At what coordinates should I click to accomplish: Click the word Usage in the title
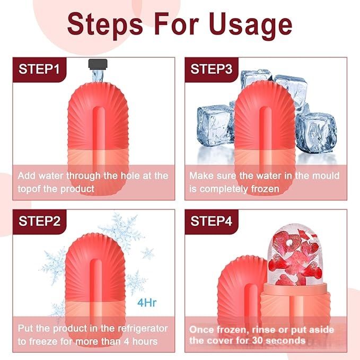pyautogui.click(x=250, y=25)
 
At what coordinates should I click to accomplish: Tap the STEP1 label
pyautogui.click(x=39, y=69)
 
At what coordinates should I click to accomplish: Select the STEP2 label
pyautogui.click(x=39, y=221)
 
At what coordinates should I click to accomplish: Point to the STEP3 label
pyautogui.click(x=211, y=69)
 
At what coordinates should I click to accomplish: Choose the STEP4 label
pyautogui.click(x=211, y=221)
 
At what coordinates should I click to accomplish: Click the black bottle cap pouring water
pyautogui.click(x=98, y=64)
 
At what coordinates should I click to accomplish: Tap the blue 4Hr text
pyautogui.click(x=147, y=303)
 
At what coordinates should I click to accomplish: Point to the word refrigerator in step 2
pyautogui.click(x=143, y=329)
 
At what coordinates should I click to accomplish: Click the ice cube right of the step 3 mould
pyautogui.click(x=316, y=133)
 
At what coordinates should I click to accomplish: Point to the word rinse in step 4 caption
pyautogui.click(x=264, y=330)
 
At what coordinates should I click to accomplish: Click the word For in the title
pyautogui.click(x=177, y=25)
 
